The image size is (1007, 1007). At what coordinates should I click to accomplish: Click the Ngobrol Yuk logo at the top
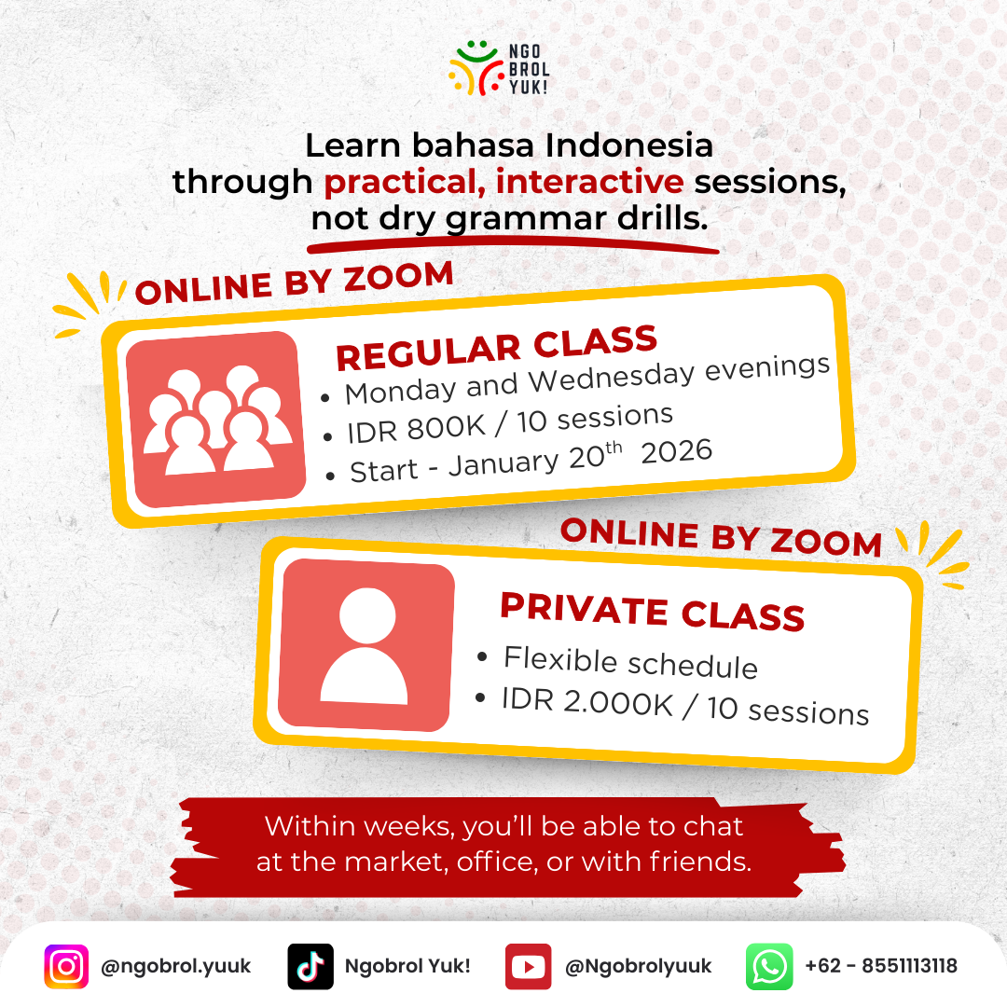pyautogui.click(x=499, y=68)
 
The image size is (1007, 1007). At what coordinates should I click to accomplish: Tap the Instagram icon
pyautogui.click(x=66, y=966)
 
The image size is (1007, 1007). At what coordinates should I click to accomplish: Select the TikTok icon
pyautogui.click(x=310, y=966)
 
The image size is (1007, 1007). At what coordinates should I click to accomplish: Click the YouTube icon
pyautogui.click(x=528, y=966)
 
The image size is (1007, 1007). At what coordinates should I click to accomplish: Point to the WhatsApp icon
pyautogui.click(x=769, y=966)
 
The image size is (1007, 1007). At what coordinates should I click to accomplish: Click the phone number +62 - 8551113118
pyautogui.click(x=881, y=966)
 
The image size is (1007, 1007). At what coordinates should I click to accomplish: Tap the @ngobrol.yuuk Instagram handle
pyautogui.click(x=176, y=967)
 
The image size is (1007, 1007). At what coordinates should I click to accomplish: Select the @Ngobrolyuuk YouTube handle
pyautogui.click(x=639, y=967)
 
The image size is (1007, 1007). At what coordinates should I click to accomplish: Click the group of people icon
pyautogui.click(x=216, y=419)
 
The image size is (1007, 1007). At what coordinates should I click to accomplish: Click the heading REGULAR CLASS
pyautogui.click(x=496, y=348)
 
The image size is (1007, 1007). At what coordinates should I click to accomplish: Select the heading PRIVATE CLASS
pyautogui.click(x=652, y=612)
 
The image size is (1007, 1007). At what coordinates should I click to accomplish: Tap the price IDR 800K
pyautogui.click(x=416, y=428)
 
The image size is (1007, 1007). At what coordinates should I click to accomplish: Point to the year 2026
pyautogui.click(x=676, y=451)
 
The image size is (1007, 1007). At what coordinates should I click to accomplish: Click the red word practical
pyautogui.click(x=404, y=183)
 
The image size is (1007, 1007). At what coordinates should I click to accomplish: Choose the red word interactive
pyautogui.click(x=589, y=181)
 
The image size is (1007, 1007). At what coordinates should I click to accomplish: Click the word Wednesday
pyautogui.click(x=612, y=377)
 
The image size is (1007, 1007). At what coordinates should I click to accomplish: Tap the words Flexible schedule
pyautogui.click(x=630, y=661)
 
